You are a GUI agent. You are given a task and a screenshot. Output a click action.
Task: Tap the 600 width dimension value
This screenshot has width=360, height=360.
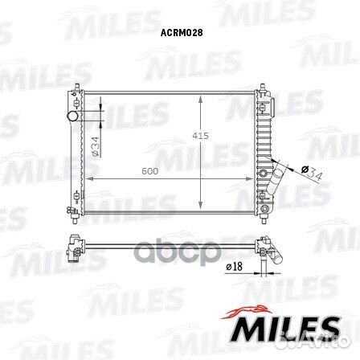tap(149, 170)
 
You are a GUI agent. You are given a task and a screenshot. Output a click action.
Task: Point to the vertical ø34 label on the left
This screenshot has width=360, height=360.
tap(95, 145)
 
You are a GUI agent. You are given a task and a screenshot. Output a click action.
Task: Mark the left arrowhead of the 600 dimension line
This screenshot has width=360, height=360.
tap(87, 179)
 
